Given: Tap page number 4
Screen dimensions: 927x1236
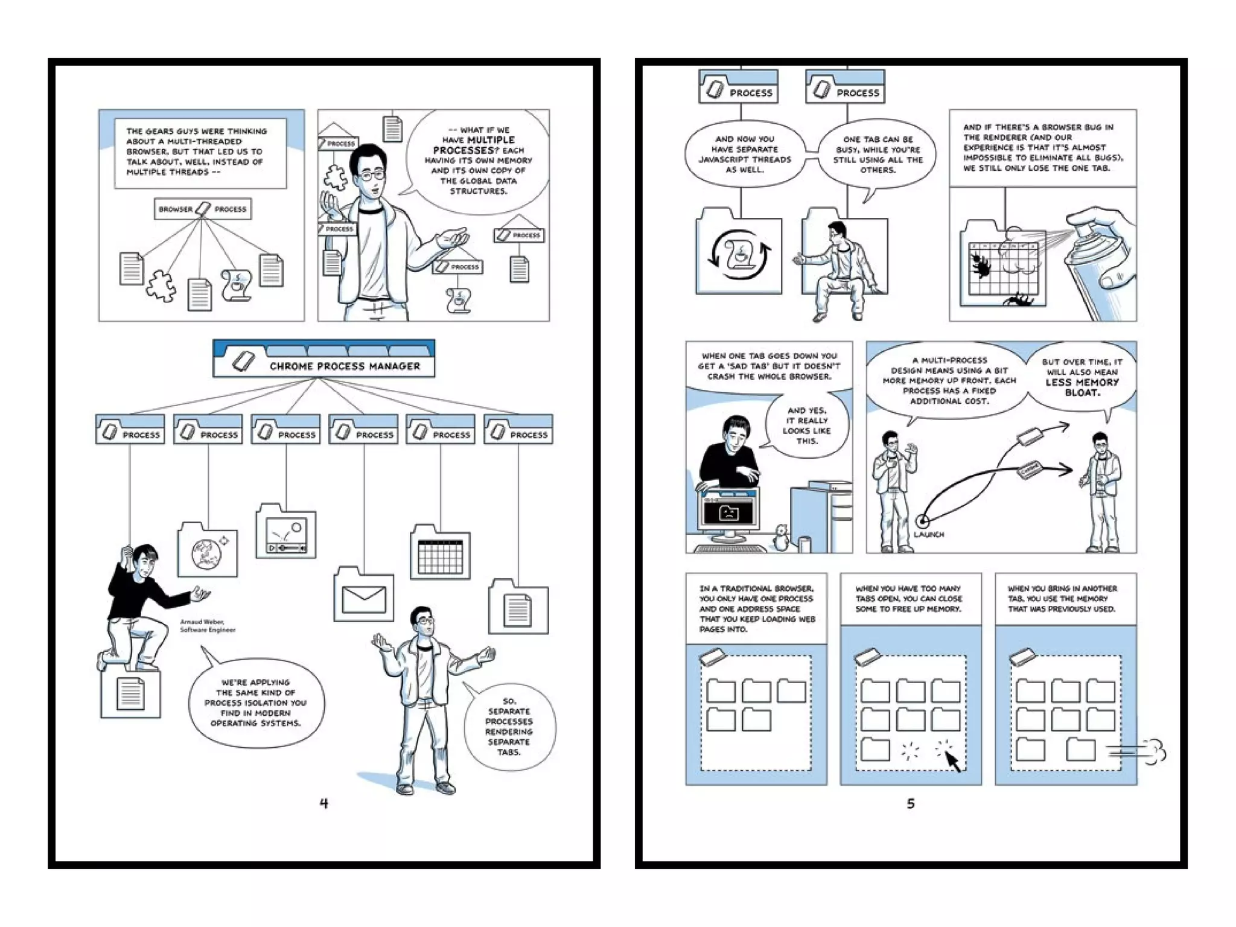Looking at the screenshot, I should (x=323, y=803).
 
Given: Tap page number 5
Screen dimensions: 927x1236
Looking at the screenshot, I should (x=911, y=803).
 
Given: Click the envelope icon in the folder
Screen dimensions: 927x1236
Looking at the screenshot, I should (x=363, y=600).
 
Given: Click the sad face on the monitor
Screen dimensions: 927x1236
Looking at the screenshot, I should (x=729, y=514).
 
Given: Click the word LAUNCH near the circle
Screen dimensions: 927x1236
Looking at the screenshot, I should (x=929, y=535).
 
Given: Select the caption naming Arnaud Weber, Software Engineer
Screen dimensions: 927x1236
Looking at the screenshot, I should (x=207, y=626).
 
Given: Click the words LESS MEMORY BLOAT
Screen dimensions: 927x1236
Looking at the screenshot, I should (x=1081, y=387).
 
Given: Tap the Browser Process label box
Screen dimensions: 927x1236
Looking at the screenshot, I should (x=202, y=209).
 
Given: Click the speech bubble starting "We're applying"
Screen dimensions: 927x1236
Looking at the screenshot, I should (x=256, y=702).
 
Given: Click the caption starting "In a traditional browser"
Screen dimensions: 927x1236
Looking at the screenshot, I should (x=756, y=608).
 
